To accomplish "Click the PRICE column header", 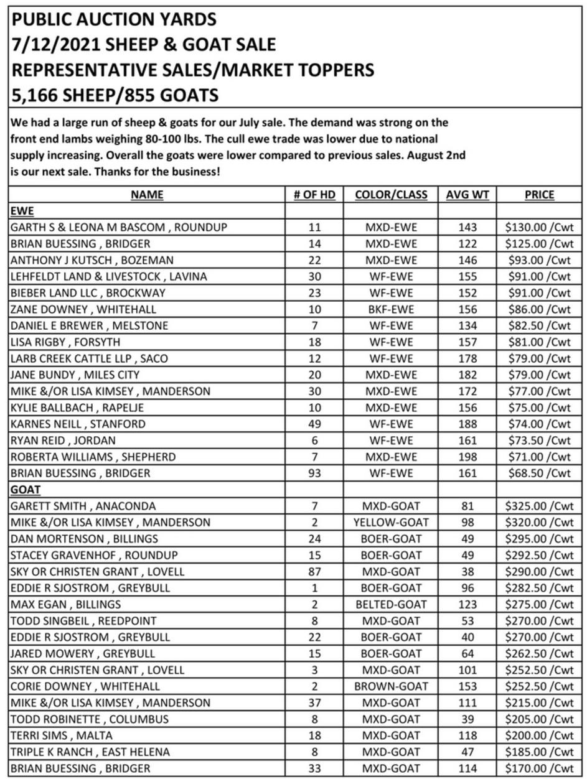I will pyautogui.click(x=539, y=195).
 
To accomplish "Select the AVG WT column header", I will pyautogui.click(x=467, y=195).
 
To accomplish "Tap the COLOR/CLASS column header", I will pyautogui.click(x=391, y=195).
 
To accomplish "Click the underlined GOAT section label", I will pyautogui.click(x=26, y=490).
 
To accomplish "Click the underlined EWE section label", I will pyautogui.click(x=22, y=211).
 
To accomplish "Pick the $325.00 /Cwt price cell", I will pyautogui.click(x=539, y=506).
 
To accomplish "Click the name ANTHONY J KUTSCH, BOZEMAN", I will pyautogui.click(x=92, y=260).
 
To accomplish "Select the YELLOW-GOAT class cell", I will pyautogui.click(x=391, y=522).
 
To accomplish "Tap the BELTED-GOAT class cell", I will pyautogui.click(x=391, y=604).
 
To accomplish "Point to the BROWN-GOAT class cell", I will pyautogui.click(x=391, y=686).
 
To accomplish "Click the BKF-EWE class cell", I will pyautogui.click(x=391, y=309).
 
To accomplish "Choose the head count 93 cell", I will pyautogui.click(x=314, y=473).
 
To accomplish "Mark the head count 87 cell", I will pyautogui.click(x=314, y=571).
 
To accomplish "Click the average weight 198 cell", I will pyautogui.click(x=467, y=457).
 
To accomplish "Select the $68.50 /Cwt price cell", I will pyautogui.click(x=539, y=473).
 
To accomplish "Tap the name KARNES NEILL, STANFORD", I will pyautogui.click(x=78, y=424).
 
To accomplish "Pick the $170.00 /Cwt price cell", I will pyautogui.click(x=539, y=768).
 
